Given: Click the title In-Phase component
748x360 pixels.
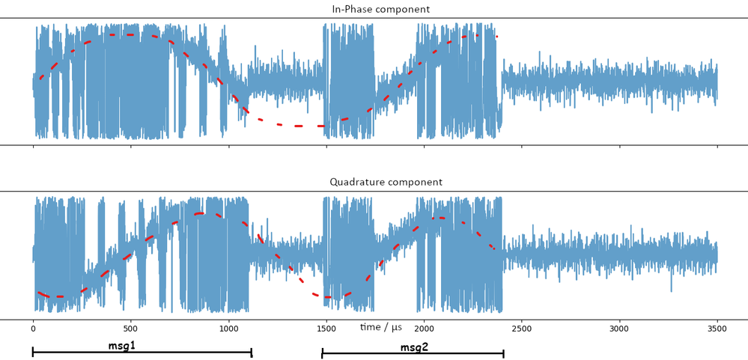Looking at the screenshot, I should (380, 9).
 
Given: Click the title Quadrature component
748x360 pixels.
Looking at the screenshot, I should (386, 182).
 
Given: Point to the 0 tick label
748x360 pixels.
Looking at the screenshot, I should (33, 328).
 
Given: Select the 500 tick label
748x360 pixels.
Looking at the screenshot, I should (130, 328).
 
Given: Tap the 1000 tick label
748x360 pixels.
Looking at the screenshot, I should (228, 328).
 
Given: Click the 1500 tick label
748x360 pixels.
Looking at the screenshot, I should (326, 328).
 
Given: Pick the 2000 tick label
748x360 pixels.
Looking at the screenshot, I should (424, 328).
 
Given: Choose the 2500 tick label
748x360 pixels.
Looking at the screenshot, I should (522, 328).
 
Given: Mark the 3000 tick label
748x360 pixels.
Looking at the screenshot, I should (619, 328).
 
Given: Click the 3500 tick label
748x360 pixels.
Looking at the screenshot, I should (717, 328).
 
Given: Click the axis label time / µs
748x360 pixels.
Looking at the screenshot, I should (381, 327).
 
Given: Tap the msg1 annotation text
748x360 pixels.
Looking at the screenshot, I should (121, 346).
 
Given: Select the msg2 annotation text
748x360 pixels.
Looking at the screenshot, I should (414, 347).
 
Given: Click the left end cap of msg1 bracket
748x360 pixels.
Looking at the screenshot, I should (33, 352).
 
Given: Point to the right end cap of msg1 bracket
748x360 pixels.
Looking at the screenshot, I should (252, 353).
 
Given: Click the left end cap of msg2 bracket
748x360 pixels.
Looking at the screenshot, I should (323, 353).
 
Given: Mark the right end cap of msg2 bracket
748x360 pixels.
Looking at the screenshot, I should (503, 353).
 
